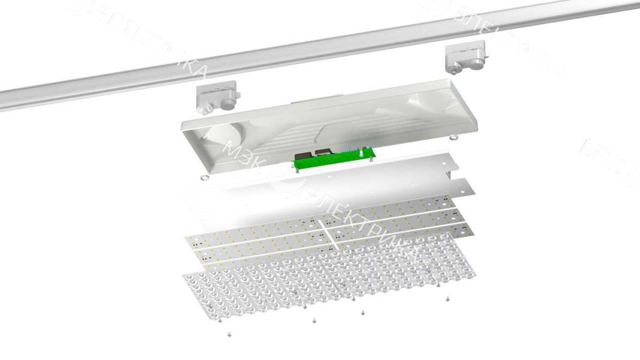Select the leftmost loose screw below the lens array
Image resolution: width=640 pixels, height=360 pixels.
tap(229, 334)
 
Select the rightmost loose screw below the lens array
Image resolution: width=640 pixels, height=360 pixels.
tap(447, 298)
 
